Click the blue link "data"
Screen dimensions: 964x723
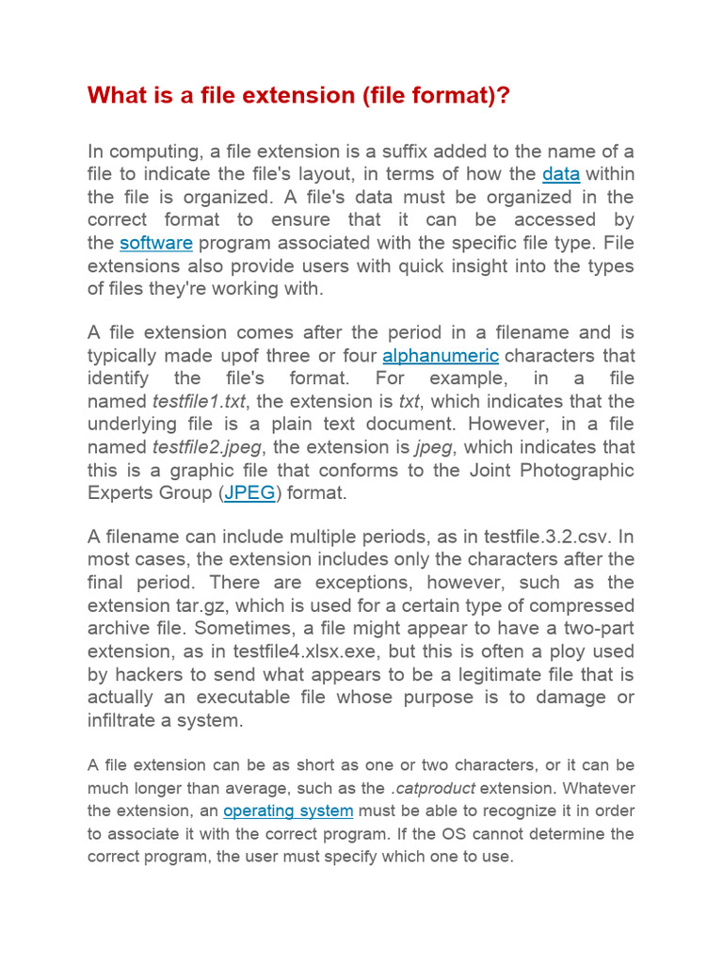point(561,174)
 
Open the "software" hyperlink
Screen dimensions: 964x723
point(156,243)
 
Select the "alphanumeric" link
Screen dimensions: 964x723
point(441,356)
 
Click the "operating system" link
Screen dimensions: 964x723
point(288,811)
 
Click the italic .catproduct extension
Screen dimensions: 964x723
point(432,788)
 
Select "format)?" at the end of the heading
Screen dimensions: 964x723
point(462,96)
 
